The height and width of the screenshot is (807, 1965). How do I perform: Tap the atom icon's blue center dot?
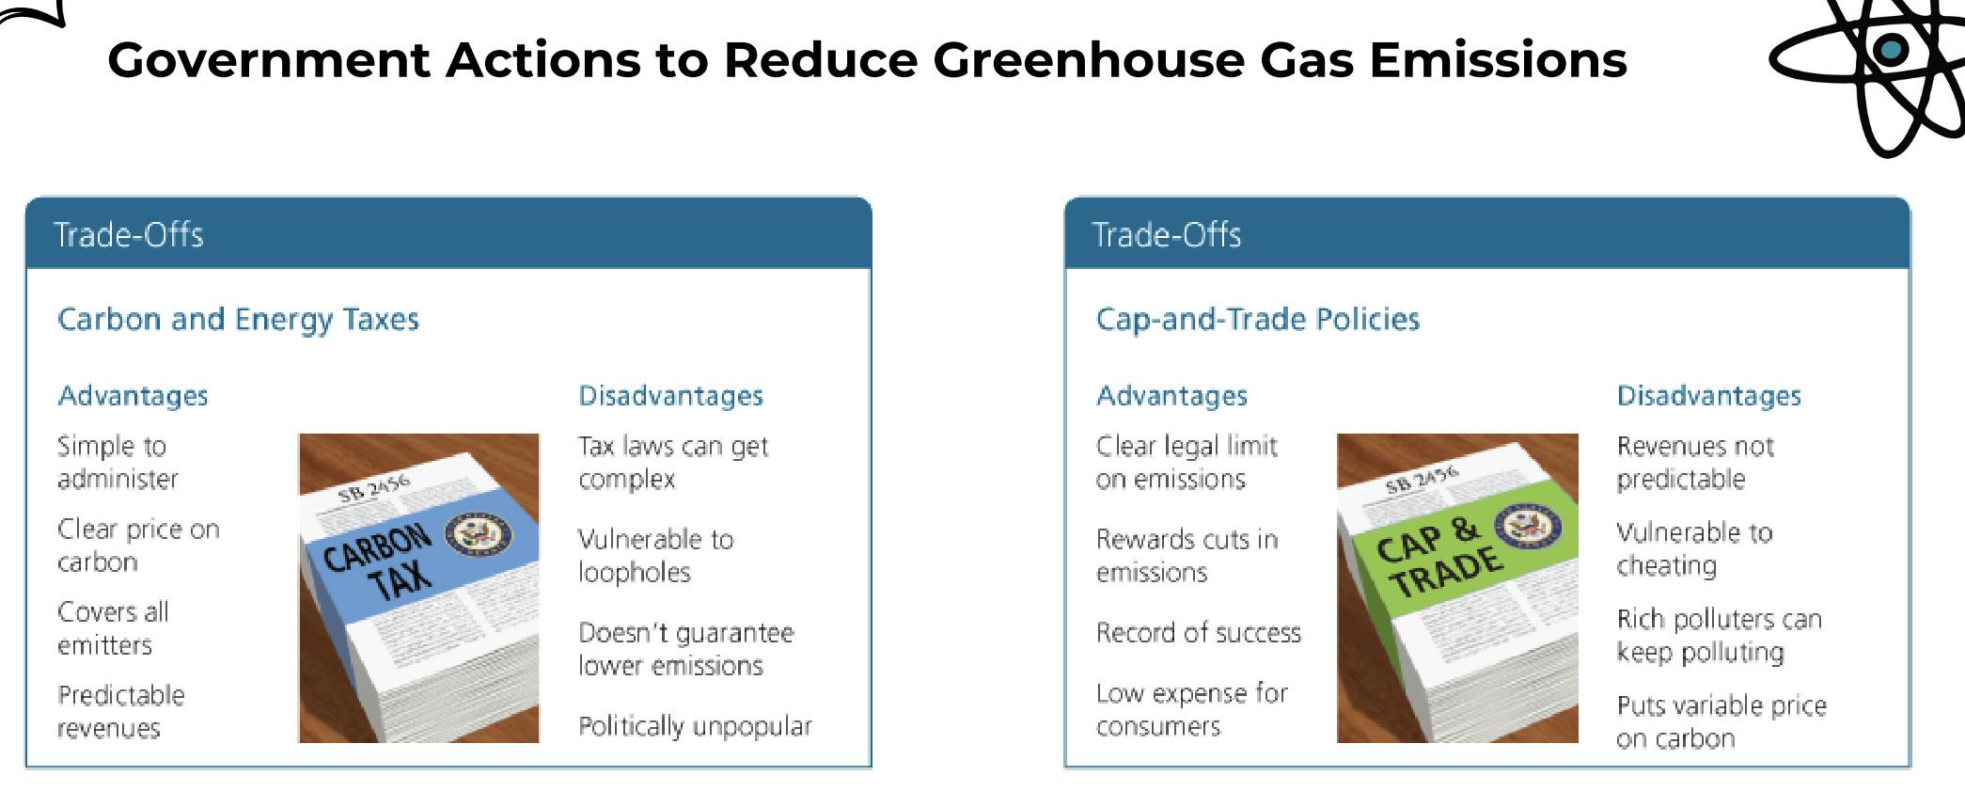pyautogui.click(x=1890, y=50)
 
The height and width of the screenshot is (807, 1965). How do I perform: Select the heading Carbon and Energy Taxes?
pyautogui.click(x=238, y=320)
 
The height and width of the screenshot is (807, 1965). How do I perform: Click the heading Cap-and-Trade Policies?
pyautogui.click(x=1257, y=320)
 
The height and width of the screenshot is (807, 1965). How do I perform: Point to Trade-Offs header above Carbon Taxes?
pyautogui.click(x=129, y=234)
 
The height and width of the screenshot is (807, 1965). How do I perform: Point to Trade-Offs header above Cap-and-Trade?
pyautogui.click(x=1167, y=234)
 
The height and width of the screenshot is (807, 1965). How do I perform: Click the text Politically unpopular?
pyautogui.click(x=695, y=726)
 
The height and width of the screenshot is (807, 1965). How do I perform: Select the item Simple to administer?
pyautogui.click(x=118, y=462)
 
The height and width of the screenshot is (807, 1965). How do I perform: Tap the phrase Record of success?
pyautogui.click(x=1199, y=633)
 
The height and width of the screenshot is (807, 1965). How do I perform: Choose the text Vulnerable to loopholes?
pyautogui.click(x=655, y=556)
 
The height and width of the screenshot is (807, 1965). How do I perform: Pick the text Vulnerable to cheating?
pyautogui.click(x=1694, y=549)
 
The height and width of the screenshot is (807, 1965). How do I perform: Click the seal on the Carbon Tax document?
pyautogui.click(x=478, y=534)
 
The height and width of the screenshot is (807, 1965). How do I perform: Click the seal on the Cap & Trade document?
pyautogui.click(x=1527, y=525)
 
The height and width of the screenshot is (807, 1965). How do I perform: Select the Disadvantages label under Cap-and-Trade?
pyautogui.click(x=1708, y=396)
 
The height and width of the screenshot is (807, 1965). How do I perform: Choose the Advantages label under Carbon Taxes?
pyautogui.click(x=133, y=396)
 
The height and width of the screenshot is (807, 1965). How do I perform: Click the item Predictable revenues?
pyautogui.click(x=120, y=711)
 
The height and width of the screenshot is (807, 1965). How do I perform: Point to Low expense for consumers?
pyautogui.click(x=1191, y=710)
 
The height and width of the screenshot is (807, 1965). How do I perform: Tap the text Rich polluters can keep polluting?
pyautogui.click(x=1719, y=636)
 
